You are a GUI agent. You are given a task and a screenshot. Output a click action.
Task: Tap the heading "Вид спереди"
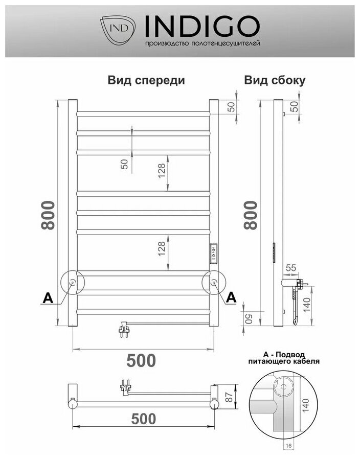click(x=146, y=80)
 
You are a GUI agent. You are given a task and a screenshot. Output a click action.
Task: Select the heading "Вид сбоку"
click(x=275, y=80)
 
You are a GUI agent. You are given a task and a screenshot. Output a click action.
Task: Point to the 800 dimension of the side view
click(x=251, y=215)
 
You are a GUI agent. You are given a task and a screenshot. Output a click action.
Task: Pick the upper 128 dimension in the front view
click(x=162, y=173)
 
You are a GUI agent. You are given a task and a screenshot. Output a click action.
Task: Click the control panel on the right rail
click(x=213, y=252)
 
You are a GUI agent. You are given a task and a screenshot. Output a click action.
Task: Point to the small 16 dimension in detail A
click(x=289, y=446)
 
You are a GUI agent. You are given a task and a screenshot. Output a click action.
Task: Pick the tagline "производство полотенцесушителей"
click(x=203, y=44)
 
